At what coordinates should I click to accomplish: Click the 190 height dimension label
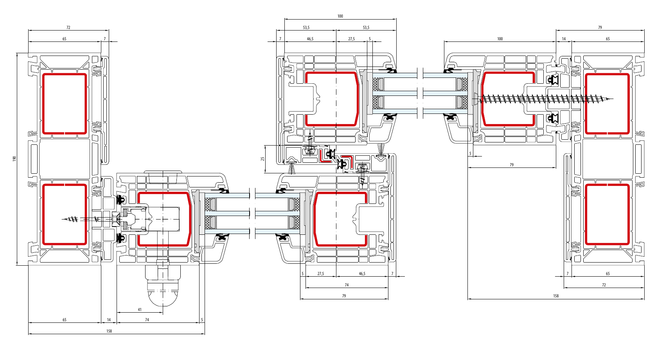(14, 159)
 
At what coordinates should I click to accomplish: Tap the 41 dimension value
(140, 310)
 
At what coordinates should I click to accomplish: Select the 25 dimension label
(262, 159)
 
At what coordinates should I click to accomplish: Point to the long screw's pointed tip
(612, 99)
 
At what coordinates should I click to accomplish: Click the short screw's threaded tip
(63, 219)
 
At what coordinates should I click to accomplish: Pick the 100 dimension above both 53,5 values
(340, 16)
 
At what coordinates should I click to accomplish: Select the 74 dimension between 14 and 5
(147, 320)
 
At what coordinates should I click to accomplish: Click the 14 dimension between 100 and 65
(564, 39)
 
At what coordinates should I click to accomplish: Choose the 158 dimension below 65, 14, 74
(109, 331)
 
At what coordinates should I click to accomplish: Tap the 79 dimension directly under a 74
(344, 296)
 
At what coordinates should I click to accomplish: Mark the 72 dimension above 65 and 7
(68, 28)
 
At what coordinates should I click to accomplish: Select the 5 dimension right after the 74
(202, 320)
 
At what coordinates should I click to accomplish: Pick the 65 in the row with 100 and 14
(608, 39)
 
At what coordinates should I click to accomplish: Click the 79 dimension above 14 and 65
(600, 28)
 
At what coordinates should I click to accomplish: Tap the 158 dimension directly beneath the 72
(556, 296)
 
